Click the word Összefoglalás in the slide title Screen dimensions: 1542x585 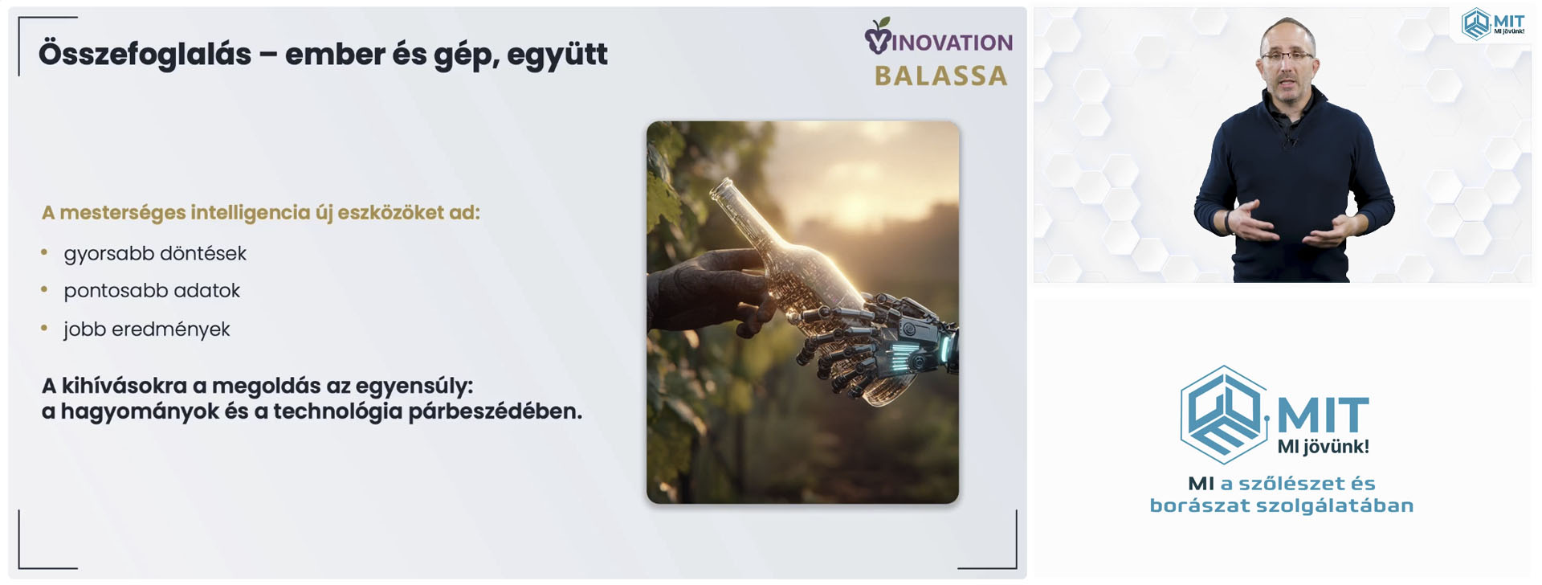145,55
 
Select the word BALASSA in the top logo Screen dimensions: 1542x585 940,76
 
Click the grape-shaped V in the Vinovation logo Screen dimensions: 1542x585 878,36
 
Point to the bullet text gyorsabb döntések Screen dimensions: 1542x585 155,254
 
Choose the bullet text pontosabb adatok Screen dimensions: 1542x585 152,291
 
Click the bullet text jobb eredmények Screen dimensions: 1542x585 147,329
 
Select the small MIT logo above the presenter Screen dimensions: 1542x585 1492,23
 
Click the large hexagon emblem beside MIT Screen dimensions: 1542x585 1223,415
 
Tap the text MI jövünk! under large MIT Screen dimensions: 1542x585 1323,447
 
